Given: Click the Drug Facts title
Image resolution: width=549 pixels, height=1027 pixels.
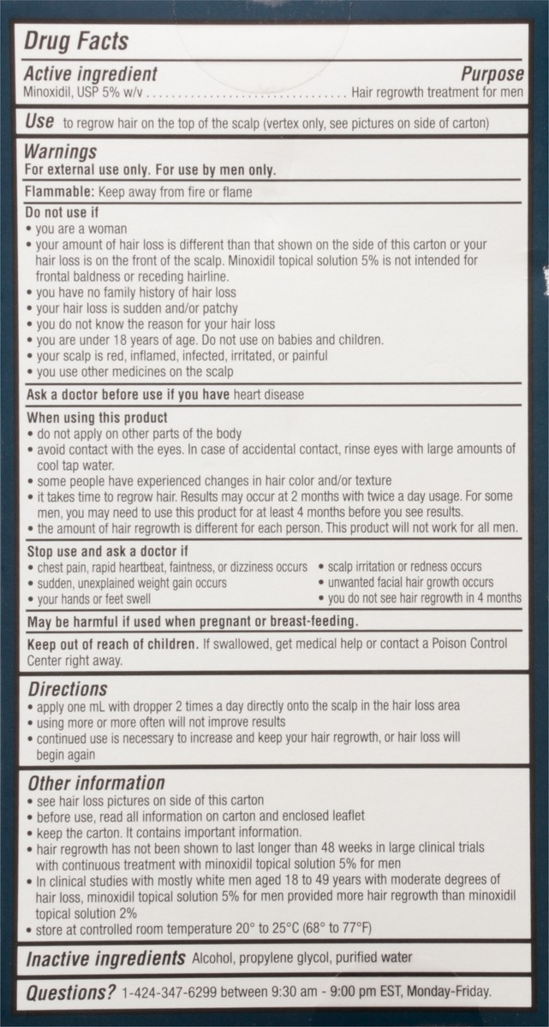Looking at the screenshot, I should coord(76,41).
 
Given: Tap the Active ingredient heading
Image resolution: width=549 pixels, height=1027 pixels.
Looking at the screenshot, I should coord(90,74).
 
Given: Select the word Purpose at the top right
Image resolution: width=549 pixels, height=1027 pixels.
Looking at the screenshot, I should coord(492,74).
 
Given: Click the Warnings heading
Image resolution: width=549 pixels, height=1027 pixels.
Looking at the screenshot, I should coord(60,152).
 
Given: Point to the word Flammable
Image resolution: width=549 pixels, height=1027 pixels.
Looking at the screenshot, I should coord(55,193).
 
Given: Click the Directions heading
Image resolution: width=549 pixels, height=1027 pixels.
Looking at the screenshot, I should coord(67,689).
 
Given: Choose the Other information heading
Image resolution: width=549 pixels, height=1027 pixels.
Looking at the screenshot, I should coord(95,783).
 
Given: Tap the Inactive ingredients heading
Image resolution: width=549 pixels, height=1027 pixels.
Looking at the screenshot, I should coord(105,959).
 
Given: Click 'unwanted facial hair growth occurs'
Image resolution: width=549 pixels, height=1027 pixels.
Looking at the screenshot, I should coord(411,583).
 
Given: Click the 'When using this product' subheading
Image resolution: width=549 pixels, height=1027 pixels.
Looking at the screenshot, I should coord(96,418).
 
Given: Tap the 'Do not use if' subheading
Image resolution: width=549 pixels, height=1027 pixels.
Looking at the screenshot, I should coord(63,213).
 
